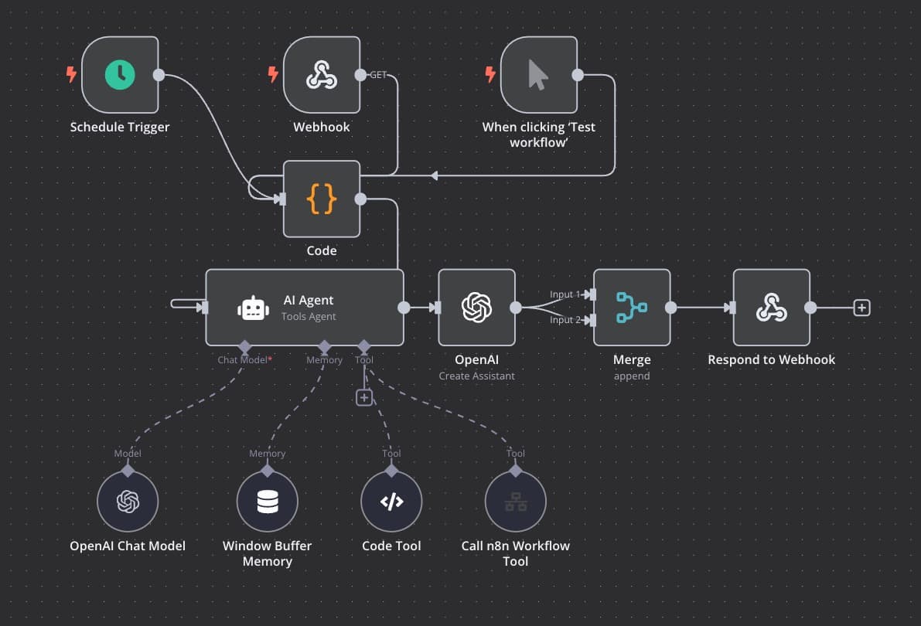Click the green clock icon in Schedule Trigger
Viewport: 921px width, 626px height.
120,75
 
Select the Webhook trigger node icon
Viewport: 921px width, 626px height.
322,75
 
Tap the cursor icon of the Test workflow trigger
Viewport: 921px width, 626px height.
538,75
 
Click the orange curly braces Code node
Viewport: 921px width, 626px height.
322,199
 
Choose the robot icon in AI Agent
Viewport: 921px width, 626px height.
254,308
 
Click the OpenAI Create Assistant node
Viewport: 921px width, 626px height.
476,308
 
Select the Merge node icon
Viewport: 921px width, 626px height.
632,308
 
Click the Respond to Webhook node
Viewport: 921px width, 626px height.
771,308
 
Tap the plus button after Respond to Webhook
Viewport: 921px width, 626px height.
861,308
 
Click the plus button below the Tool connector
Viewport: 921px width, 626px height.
364,397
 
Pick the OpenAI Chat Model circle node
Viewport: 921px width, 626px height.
128,502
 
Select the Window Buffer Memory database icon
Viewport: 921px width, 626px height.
267,502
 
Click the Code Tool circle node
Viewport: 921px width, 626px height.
391,502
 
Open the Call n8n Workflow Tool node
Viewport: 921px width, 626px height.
515,502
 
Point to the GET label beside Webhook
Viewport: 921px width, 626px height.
378,75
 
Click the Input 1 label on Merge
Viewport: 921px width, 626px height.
565,294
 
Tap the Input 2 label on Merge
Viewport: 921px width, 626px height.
565,320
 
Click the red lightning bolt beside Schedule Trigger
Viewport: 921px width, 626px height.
71,75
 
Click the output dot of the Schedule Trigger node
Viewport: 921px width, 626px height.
159,75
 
